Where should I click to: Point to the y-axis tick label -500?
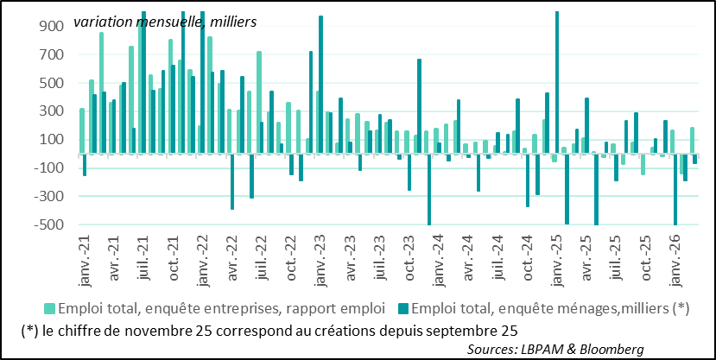(48, 224)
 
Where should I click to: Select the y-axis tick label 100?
(50, 139)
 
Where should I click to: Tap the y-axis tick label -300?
(48, 196)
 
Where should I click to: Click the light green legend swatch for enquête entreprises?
(50, 308)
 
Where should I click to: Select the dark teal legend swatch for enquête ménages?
(403, 308)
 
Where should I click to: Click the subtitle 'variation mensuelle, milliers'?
(164, 20)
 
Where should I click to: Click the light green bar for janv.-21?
(82, 130)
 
